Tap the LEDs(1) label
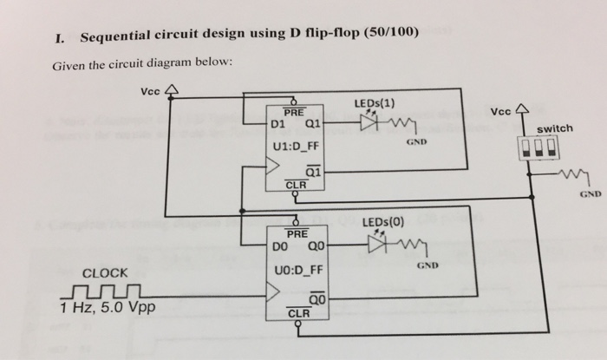(375, 105)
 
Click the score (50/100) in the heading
(388, 35)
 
